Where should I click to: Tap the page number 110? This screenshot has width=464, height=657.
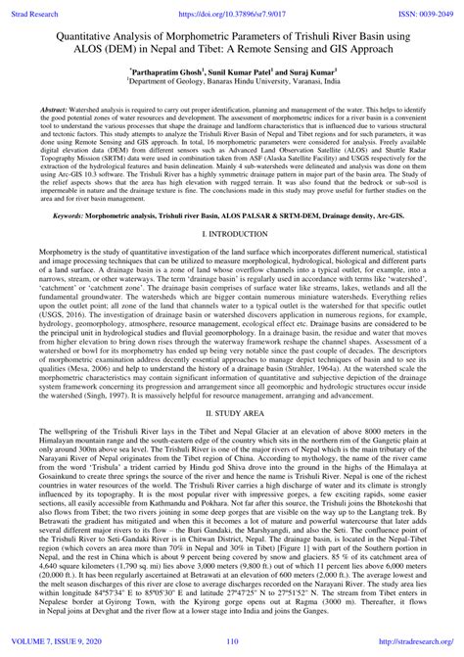pyautogui.click(x=232, y=646)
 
